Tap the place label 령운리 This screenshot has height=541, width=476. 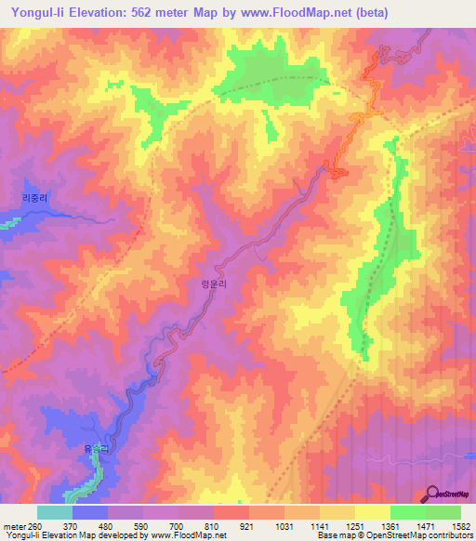pos(214,287)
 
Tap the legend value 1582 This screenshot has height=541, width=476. pos(459,527)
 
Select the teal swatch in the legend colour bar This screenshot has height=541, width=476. pos(55,512)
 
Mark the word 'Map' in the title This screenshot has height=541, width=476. pos(229,13)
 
